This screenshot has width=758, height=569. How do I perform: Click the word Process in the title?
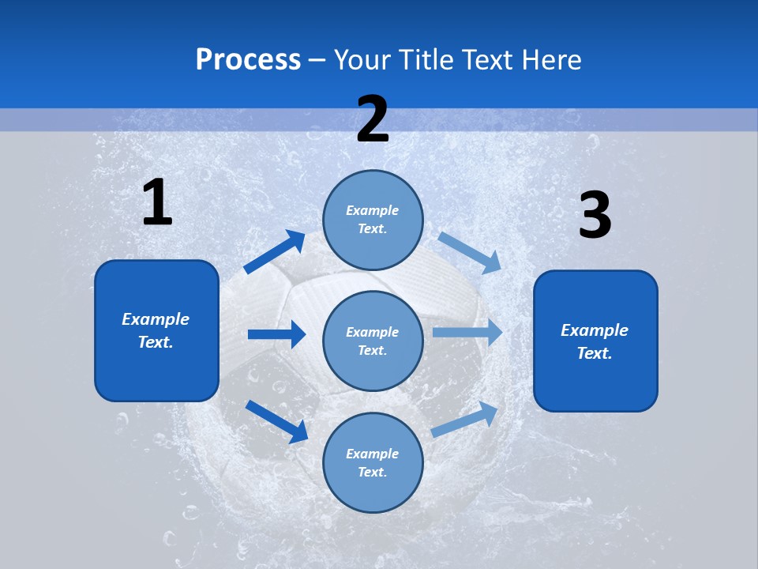coord(248,60)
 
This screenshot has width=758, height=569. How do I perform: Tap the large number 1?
coord(157,203)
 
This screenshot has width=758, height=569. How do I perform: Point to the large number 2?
coord(373,119)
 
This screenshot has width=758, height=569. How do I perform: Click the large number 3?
coord(595,216)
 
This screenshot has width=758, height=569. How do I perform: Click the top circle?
coord(373,220)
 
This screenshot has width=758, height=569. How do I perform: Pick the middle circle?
coord(373,341)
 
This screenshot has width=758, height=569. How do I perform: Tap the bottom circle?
coord(373,462)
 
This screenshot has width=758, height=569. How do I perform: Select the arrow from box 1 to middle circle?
coord(276,334)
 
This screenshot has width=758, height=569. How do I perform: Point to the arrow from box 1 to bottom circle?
coord(276,421)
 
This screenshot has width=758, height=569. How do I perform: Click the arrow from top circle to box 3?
coord(469,252)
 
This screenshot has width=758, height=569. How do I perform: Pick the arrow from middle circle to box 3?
coord(467,332)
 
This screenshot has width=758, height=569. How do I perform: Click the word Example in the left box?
coord(156,319)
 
